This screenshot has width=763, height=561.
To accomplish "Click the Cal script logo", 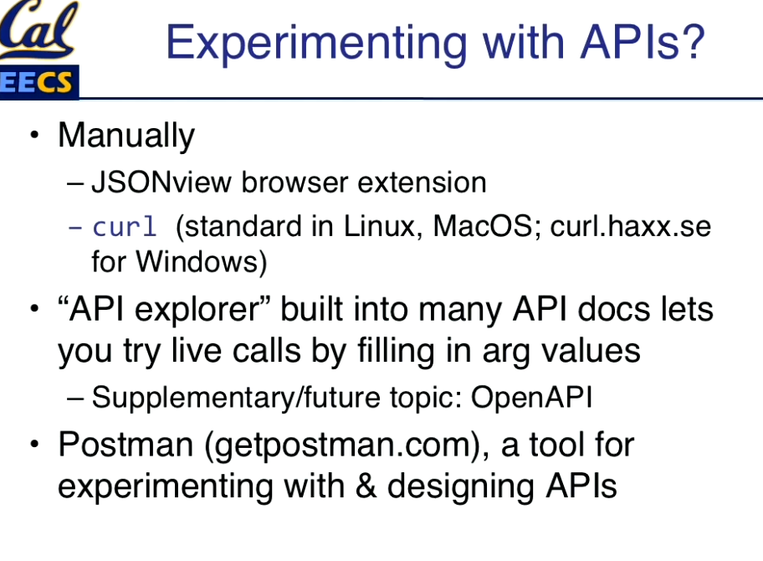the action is coord(38,29).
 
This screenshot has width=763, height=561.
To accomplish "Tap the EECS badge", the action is coord(39,82).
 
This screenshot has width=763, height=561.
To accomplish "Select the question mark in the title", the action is coord(694,41).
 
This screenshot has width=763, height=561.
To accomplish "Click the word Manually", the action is coord(126,136).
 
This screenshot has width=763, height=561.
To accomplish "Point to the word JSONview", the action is coord(161,183).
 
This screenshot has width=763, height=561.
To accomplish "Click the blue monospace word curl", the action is coord(125,226).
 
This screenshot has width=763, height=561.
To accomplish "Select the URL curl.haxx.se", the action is coord(631,226).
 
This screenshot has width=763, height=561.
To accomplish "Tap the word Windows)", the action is coord(202,262).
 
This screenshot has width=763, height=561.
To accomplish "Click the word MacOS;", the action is coord(487,226).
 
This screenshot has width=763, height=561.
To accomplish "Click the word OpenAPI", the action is coord(531,398).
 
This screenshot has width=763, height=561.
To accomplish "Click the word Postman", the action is coord(125,445).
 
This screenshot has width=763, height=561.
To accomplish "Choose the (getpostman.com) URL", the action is coord(347,446).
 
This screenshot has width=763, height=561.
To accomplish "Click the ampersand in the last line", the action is coord(366,486).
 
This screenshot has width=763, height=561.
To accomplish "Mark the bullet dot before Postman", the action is coord(34,444).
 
